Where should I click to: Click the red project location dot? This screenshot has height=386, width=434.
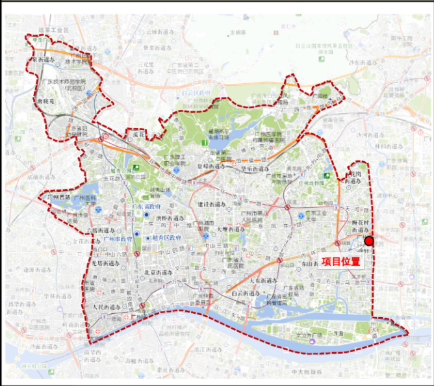coord(369,241)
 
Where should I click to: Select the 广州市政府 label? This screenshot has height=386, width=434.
coord(118,239)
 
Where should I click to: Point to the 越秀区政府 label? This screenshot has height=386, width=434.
coord(167,238)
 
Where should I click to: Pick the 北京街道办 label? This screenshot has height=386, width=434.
coord(159,272)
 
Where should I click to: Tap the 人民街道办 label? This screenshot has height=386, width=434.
coord(108,307)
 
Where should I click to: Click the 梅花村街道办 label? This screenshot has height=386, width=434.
coord(359,227)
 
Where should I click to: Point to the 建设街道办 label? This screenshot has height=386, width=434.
coord(214,205)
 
